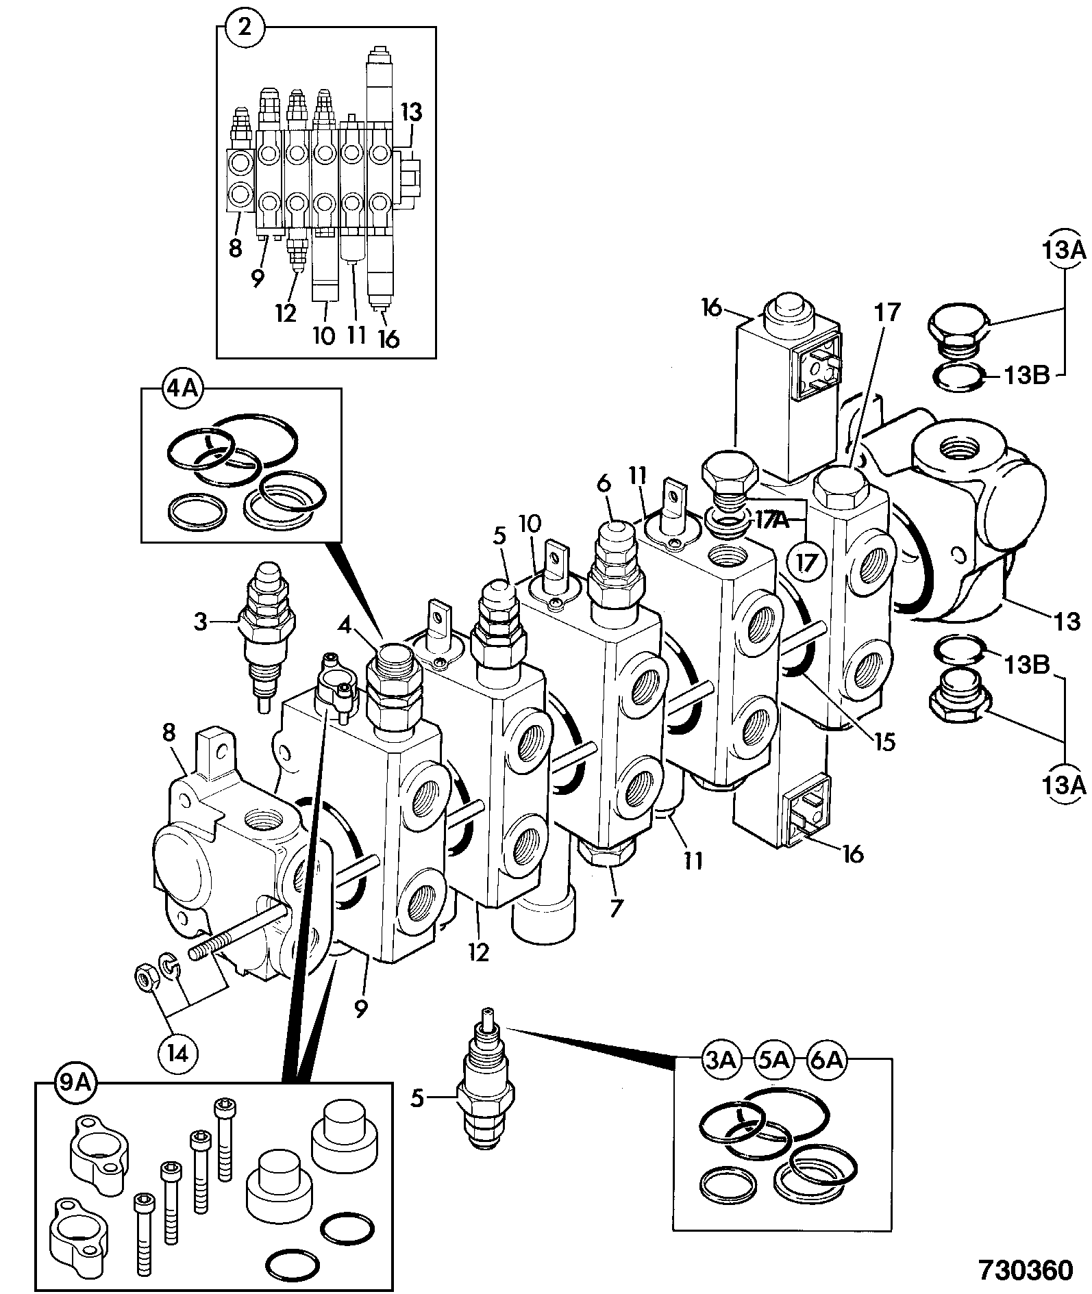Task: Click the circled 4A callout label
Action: pos(181,390)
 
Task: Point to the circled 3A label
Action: pos(719,1061)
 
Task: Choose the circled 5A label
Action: pos(773,1061)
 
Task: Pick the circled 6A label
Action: pos(826,1061)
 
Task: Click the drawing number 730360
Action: pos(1026,1269)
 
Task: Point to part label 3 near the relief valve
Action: pos(199,622)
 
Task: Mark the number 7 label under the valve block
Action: pos(615,908)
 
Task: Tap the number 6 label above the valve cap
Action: pos(603,483)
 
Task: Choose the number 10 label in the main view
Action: pos(530,524)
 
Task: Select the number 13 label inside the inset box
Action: pos(411,111)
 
